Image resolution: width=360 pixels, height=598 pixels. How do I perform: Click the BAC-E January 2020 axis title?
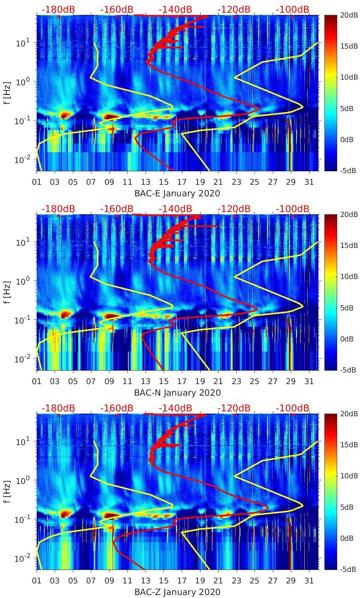[177, 193]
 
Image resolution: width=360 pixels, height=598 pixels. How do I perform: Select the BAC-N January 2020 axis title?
[177, 393]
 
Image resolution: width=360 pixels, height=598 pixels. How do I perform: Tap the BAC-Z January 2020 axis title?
[177, 592]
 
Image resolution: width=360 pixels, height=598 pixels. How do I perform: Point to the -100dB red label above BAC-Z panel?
[293, 408]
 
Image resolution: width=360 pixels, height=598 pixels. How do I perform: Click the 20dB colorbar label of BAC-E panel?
[347, 15]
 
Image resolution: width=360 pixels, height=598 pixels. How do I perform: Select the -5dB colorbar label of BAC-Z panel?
[347, 569]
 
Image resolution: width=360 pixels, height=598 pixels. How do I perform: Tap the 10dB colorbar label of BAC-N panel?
[347, 276]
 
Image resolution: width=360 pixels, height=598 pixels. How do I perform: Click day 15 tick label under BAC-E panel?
[164, 182]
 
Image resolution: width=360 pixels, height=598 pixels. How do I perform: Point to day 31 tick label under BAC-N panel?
[309, 381]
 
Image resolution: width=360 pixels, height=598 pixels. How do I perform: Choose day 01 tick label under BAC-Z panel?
[37, 581]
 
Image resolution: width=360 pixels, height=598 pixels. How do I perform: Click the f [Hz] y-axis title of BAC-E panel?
[7, 93]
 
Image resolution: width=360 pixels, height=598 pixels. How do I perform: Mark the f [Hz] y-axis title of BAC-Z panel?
[7, 491]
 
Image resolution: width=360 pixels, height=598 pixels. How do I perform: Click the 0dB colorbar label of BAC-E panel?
[347, 139]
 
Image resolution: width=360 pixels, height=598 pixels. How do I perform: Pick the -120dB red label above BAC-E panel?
[234, 9]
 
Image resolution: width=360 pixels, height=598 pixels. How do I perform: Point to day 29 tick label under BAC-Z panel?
[290, 581]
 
